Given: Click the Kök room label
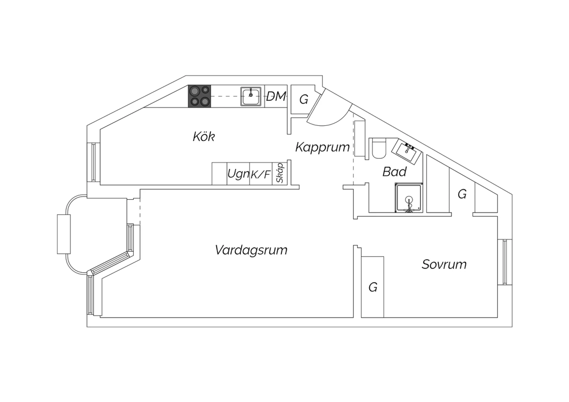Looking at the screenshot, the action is pyautogui.click(x=204, y=137).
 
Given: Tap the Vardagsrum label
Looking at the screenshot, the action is pyautogui.click(x=251, y=250).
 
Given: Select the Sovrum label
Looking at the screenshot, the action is pyautogui.click(x=444, y=264).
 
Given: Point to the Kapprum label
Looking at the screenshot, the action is pyautogui.click(x=322, y=147).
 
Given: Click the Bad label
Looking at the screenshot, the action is pyautogui.click(x=394, y=172).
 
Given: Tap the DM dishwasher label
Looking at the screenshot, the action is pyautogui.click(x=276, y=96).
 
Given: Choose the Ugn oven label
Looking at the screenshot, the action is pyautogui.click(x=238, y=174).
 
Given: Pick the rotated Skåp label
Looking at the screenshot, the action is pyautogui.click(x=280, y=173).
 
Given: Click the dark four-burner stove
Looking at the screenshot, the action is pyautogui.click(x=200, y=96).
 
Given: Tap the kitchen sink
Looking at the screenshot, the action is pyautogui.click(x=251, y=96).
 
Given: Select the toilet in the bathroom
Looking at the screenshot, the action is pyautogui.click(x=379, y=149).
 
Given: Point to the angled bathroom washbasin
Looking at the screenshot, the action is pyautogui.click(x=407, y=152).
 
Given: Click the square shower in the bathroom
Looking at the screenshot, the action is pyautogui.click(x=409, y=197).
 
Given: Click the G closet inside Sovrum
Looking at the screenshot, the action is pyautogui.click(x=373, y=287).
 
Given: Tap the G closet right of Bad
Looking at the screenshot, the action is pyautogui.click(x=462, y=194).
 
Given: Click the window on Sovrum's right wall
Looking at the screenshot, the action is pyautogui.click(x=505, y=262).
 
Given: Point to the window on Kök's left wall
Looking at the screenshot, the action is pyautogui.click(x=93, y=162).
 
